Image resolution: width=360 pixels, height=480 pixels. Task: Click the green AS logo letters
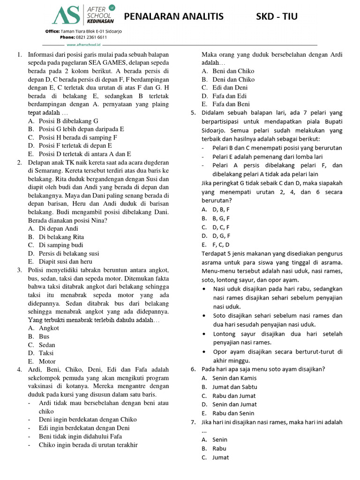pyautogui.click(x=67, y=15)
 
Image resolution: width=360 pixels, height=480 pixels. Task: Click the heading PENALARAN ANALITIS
pyautogui.click(x=173, y=17)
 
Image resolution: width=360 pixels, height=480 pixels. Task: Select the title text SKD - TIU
pyautogui.click(x=276, y=17)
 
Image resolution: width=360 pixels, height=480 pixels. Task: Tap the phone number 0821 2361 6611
pyautogui.click(x=91, y=37)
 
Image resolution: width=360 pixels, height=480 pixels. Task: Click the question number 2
pyautogui.click(x=19, y=162)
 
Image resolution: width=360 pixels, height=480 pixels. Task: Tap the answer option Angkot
pyautogui.click(x=49, y=328)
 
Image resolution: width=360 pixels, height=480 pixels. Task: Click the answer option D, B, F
pyautogui.click(x=221, y=210)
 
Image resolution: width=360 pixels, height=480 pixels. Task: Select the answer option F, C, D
pyautogui.click(x=221, y=244)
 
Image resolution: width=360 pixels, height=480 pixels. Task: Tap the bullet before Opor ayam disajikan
pyautogui.click(x=206, y=352)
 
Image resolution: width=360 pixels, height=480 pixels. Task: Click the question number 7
pyautogui.click(x=193, y=422)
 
